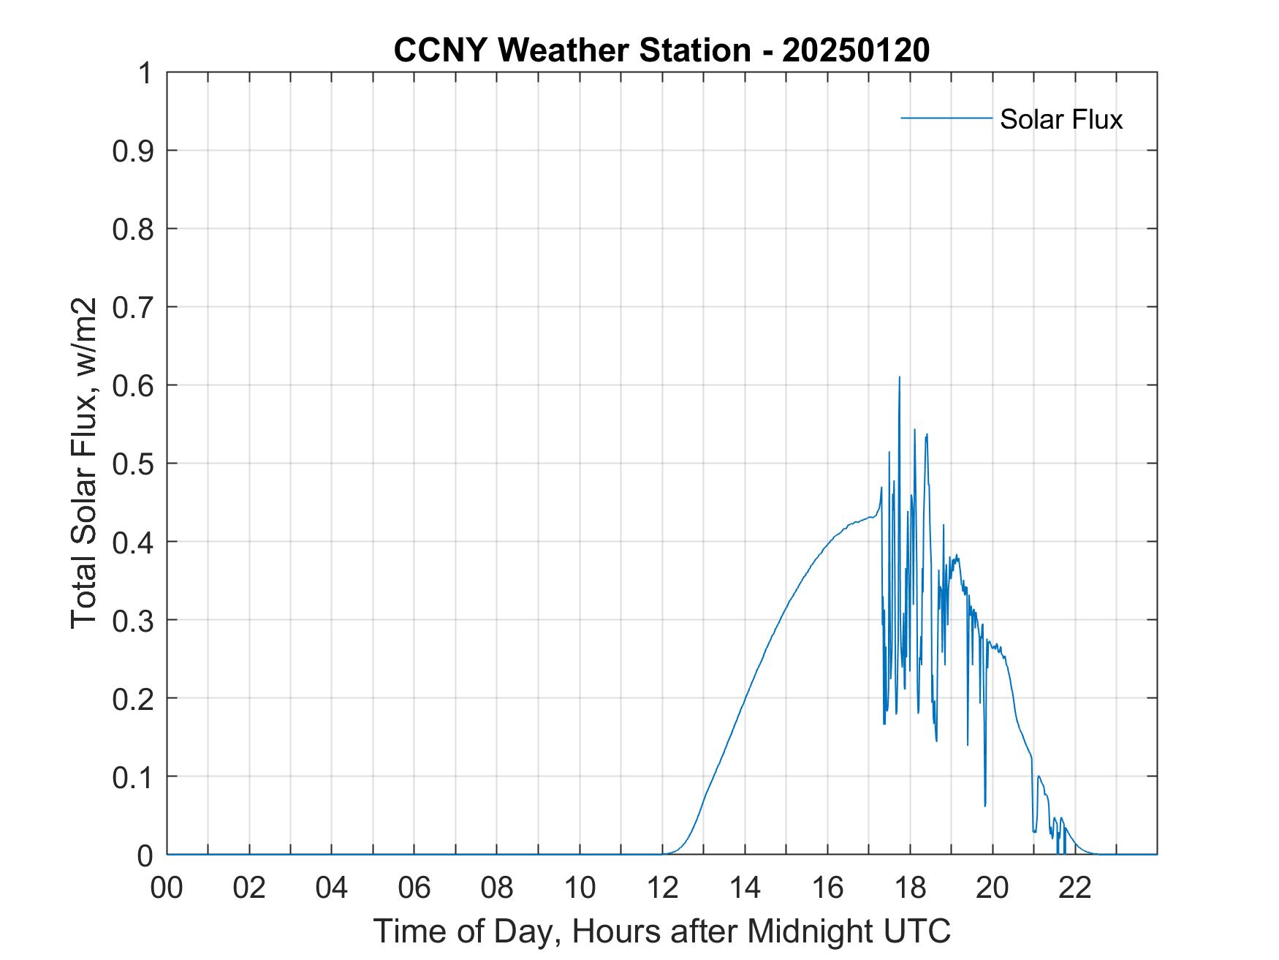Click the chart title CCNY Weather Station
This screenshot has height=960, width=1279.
(x=572, y=50)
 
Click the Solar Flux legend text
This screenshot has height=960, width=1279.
(x=1060, y=119)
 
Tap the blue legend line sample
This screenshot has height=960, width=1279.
(x=946, y=118)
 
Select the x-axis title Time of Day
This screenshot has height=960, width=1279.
(x=661, y=931)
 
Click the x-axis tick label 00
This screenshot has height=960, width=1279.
(x=167, y=888)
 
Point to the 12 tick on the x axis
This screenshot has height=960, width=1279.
(x=662, y=888)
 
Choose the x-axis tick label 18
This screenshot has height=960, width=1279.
(x=910, y=888)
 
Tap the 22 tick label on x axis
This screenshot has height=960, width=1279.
(x=1075, y=888)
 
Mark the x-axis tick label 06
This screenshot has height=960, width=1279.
(x=414, y=888)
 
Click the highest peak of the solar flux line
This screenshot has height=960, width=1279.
(x=899, y=377)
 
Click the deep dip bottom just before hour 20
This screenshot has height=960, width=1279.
(x=985, y=805)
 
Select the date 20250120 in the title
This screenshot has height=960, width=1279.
(x=856, y=50)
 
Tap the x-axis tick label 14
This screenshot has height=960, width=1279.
(x=745, y=888)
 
